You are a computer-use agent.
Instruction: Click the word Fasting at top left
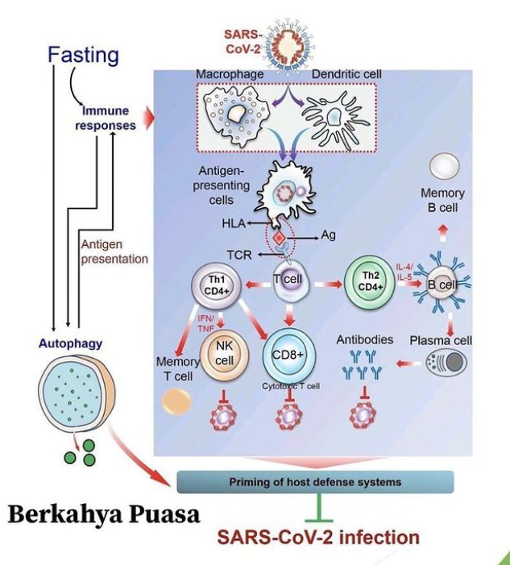83,55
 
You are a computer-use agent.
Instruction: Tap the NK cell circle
223,354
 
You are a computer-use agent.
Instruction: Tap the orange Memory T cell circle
176,401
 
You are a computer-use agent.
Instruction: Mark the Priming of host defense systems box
315,482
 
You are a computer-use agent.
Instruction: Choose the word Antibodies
365,339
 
